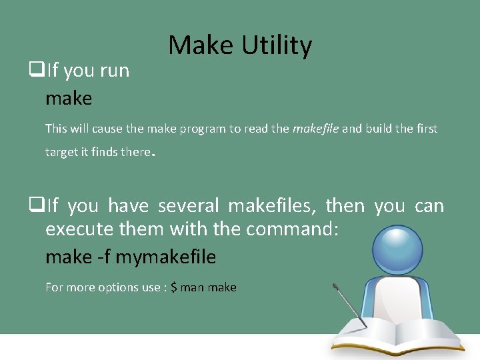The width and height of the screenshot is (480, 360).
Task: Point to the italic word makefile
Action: pyautogui.click(x=315, y=129)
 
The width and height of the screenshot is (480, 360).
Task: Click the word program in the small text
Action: pyautogui.click(x=203, y=129)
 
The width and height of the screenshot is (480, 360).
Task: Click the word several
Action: pyautogui.click(x=189, y=206)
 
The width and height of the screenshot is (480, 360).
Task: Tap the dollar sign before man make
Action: pyautogui.click(x=174, y=287)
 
